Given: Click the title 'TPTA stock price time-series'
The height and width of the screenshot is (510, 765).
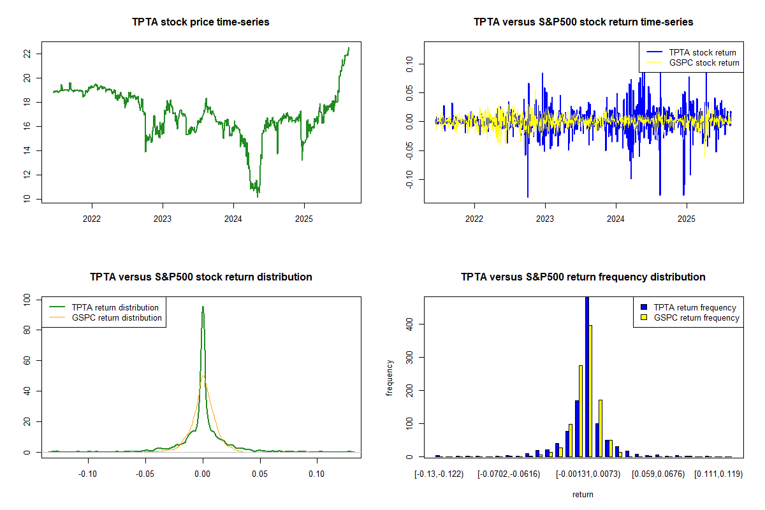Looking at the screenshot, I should pos(201,22).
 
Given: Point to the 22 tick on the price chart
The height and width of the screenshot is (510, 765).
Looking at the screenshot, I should pos(27,54).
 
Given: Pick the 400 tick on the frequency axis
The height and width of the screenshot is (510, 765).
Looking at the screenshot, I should pos(409,324).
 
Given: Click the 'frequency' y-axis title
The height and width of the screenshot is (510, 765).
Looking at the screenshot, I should pos(390,377).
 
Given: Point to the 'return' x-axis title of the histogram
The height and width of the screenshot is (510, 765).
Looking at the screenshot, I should pos(583,494).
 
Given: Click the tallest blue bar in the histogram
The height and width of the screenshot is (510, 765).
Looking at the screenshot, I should pos(586,376).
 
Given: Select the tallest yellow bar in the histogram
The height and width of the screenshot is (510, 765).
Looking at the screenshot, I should pos(590,391).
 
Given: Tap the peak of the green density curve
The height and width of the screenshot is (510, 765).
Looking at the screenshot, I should pos(203,307).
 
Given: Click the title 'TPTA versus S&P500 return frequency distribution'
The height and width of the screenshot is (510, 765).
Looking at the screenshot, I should pos(583,277).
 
